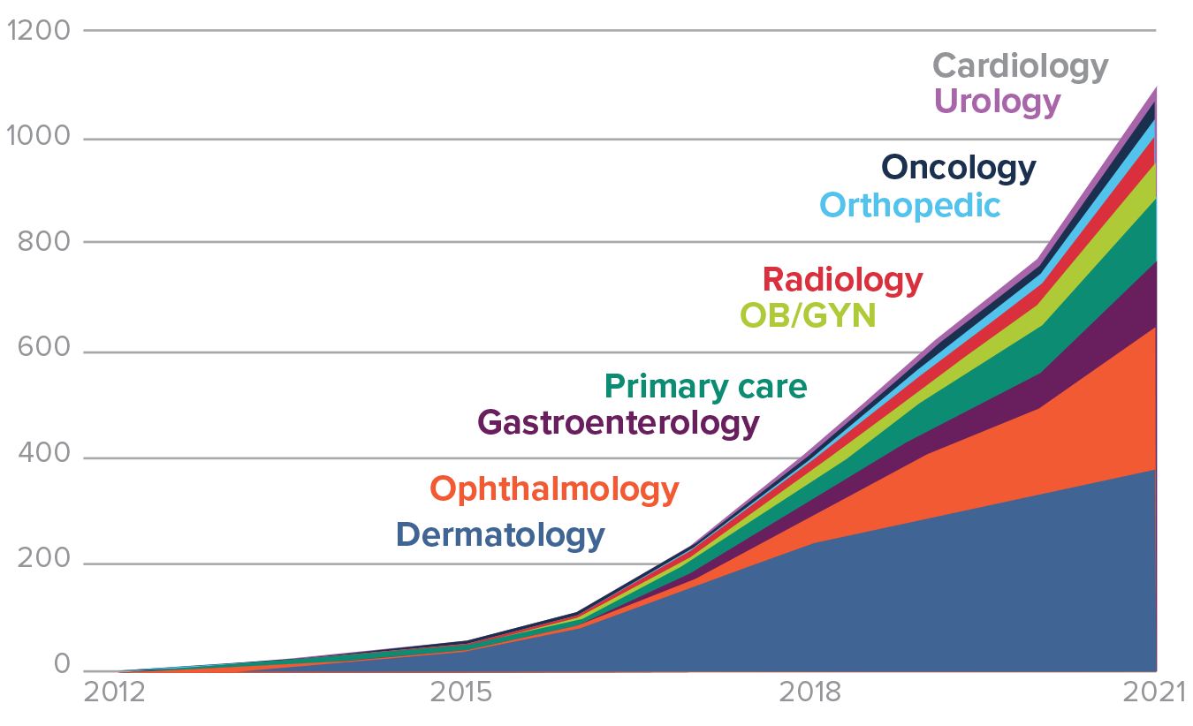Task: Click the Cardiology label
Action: tap(1020, 66)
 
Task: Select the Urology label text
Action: tap(996, 101)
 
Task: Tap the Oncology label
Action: tap(958, 168)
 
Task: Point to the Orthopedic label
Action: tap(909, 206)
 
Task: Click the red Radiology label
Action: tap(842, 280)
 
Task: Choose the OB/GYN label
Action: tap(807, 314)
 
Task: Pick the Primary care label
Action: tap(705, 387)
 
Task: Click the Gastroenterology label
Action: tap(618, 423)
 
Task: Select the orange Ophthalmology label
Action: tap(554, 488)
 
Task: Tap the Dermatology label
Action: tap(500, 535)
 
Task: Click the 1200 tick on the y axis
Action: tap(38, 32)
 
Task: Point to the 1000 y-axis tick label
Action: tap(38, 138)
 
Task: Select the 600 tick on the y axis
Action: tap(42, 350)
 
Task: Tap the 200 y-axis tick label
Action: tap(42, 563)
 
